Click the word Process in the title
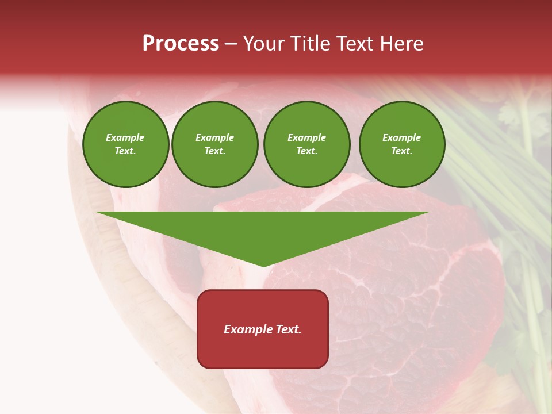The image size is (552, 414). point(181,44)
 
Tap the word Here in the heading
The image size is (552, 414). point(401,44)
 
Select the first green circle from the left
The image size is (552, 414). point(126,144)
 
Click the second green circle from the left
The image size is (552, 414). point(215,144)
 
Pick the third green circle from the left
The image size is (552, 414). point(306,144)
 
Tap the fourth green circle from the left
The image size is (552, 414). point(402,144)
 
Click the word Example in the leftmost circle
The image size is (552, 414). point(125,137)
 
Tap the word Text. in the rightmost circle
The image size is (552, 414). point(401,151)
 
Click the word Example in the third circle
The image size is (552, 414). point(306,137)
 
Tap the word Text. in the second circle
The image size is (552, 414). point(214,151)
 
